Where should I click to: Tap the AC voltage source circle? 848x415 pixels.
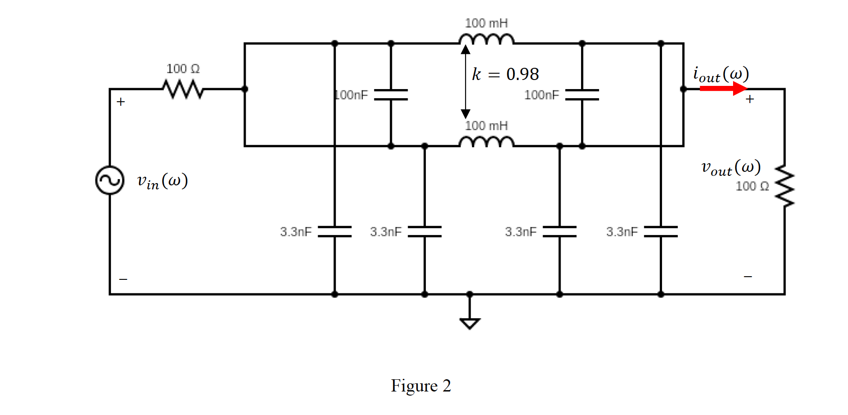pos(110,180)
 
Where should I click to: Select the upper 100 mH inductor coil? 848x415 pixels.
pos(486,39)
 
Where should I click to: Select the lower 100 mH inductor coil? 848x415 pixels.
pos(486,142)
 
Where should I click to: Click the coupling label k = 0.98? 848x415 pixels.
pos(505,74)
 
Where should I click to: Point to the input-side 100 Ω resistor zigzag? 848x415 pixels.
pos(183,89)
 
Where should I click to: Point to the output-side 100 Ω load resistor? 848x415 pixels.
pos(785,186)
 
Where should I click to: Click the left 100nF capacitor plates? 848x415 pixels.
pos(391,94)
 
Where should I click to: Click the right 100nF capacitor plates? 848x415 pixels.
pos(582,94)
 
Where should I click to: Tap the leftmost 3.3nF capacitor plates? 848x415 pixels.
pos(334,231)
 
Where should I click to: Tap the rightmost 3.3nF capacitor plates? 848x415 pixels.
pos(661,231)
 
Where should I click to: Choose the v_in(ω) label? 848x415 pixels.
pos(162,181)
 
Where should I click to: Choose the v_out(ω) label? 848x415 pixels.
pos(730,168)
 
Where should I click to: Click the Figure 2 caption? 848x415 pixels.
pos(421,386)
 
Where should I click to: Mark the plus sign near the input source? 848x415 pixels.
pos(120,102)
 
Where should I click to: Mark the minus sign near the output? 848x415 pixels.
pos(748,276)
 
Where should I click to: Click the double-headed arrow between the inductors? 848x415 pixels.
pos(465,82)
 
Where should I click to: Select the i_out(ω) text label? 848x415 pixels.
pos(721,74)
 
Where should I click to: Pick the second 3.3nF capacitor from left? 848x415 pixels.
pos(424,231)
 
